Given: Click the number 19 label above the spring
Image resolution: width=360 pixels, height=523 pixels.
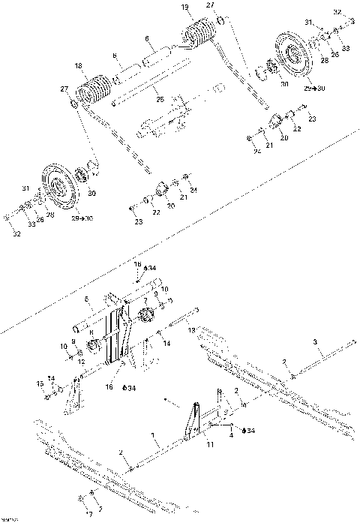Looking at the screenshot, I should coord(185,7).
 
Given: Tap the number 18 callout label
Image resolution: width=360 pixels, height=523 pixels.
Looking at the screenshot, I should coord(77,66).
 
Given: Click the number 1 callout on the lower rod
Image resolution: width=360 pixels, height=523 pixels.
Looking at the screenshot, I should coord(153,435).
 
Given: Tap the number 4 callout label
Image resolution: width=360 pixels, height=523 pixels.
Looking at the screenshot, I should coord(232,434).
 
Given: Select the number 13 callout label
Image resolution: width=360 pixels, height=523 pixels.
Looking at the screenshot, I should coord(191,329).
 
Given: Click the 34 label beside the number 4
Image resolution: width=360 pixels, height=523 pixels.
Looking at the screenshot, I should coord(250,431).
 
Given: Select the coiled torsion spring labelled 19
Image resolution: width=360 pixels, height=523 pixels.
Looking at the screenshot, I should coord(199,36).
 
